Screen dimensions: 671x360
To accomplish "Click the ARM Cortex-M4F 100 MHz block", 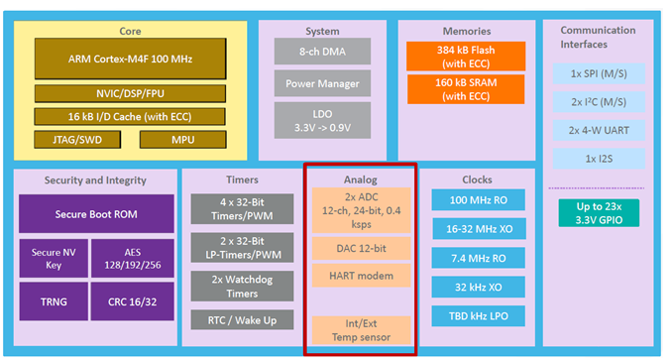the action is (130, 59).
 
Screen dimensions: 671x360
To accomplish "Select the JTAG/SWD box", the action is (77, 140).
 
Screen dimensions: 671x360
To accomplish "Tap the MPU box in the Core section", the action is (182, 140).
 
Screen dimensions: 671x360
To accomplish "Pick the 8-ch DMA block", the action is (322, 52).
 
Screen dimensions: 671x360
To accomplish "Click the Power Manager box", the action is (322, 83).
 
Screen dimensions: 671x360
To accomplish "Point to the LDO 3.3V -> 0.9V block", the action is (322, 120).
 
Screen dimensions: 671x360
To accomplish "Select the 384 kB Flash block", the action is (466, 57).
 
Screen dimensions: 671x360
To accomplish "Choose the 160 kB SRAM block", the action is (466, 89).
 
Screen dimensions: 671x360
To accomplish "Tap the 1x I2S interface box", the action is (599, 159).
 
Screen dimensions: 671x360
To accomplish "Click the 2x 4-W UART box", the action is (599, 130).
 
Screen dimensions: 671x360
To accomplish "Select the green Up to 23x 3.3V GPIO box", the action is (599, 213).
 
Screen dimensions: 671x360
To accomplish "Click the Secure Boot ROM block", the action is (96, 214).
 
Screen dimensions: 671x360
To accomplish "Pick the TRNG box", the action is (54, 301).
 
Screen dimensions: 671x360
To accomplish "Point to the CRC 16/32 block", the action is (132, 301).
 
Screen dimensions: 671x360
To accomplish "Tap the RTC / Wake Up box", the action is (242, 319).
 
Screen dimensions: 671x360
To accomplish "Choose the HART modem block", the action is (361, 276).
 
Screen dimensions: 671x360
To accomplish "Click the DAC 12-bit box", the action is (361, 249).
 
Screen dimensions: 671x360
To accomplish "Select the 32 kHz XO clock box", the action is (479, 287).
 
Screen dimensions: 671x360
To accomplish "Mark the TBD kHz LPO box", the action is (479, 316).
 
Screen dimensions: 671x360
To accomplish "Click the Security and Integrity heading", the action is (95, 180).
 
